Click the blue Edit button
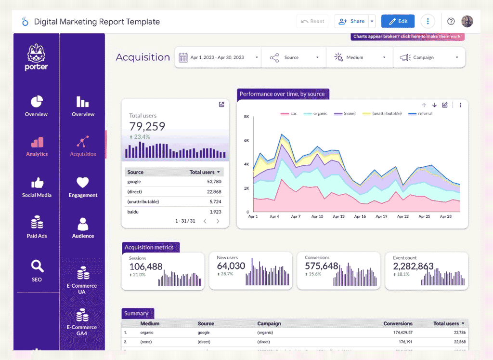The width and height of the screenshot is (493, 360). (398, 21)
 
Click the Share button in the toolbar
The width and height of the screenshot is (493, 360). (352, 21)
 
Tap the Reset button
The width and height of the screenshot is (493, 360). (312, 21)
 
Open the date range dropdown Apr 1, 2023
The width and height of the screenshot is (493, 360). (218, 57)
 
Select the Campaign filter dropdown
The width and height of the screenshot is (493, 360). (429, 57)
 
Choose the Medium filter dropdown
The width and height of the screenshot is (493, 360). (360, 57)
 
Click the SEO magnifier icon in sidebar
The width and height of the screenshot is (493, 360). (37, 266)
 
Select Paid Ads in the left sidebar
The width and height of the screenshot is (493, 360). (37, 227)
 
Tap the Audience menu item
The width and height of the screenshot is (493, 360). (83, 228)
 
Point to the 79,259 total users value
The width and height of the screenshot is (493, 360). (147, 127)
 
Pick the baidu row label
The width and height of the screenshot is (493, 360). (134, 212)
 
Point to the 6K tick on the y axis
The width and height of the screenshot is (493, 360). (246, 140)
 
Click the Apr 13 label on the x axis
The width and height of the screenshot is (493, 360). (338, 217)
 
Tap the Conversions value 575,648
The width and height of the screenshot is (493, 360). (321, 266)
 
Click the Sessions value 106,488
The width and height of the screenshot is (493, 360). (145, 267)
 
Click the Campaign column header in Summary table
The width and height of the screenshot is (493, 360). (269, 323)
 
